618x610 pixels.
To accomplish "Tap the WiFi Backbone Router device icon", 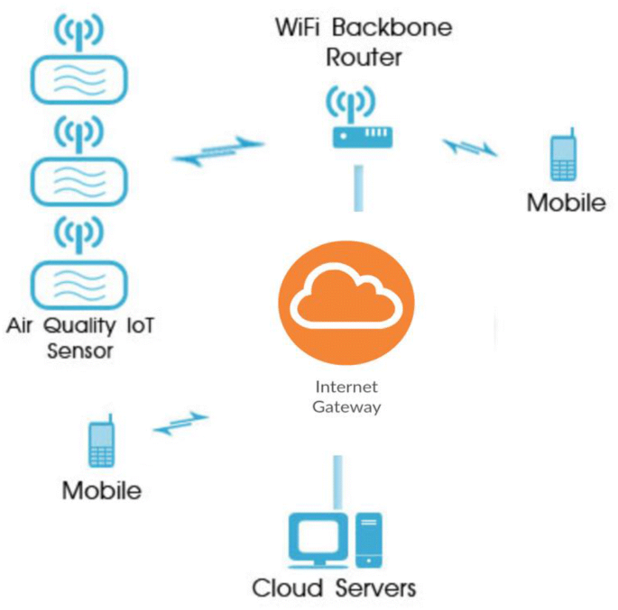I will tap(362, 136).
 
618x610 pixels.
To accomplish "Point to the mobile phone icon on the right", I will tap(564, 159).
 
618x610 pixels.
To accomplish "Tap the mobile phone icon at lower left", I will tap(101, 443).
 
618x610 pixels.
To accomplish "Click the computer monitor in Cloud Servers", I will tap(317, 540).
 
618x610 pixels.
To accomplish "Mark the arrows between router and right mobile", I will tap(470, 145).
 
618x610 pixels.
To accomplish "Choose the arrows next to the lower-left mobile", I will tap(181, 423).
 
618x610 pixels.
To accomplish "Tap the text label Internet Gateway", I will tap(346, 396).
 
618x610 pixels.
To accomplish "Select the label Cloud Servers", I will tap(334, 589).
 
